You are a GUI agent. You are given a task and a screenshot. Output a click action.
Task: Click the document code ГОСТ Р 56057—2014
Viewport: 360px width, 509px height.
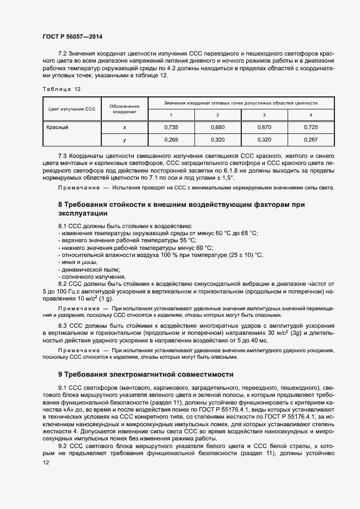(x=72, y=36)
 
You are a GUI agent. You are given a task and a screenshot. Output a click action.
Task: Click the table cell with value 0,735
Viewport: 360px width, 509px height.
(x=171, y=127)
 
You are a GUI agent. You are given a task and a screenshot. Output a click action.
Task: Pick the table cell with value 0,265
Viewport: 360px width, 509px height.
(x=171, y=140)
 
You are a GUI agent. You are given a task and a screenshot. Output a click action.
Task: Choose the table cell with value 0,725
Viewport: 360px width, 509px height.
(x=310, y=127)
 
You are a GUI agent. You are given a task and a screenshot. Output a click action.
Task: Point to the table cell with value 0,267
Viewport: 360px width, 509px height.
(x=310, y=140)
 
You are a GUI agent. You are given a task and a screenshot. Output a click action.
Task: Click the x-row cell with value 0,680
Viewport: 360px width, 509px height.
(x=217, y=127)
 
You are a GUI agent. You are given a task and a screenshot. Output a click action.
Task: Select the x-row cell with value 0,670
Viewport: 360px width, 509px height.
(x=264, y=127)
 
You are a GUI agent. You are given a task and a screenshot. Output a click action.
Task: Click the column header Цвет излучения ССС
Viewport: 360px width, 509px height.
(x=72, y=109)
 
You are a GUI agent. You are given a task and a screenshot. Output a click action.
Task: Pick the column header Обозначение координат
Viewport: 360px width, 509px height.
(x=125, y=109)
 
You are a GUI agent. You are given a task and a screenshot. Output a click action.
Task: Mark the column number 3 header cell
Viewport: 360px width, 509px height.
(x=264, y=115)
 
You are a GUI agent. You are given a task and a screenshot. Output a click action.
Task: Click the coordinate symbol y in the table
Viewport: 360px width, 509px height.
(x=125, y=140)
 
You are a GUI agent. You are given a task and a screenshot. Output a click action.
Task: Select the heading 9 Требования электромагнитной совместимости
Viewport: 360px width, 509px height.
(x=145, y=375)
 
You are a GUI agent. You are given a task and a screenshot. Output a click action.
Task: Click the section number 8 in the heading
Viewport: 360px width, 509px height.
(x=60, y=204)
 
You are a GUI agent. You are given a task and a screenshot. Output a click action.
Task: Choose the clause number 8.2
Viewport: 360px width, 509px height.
(x=62, y=284)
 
